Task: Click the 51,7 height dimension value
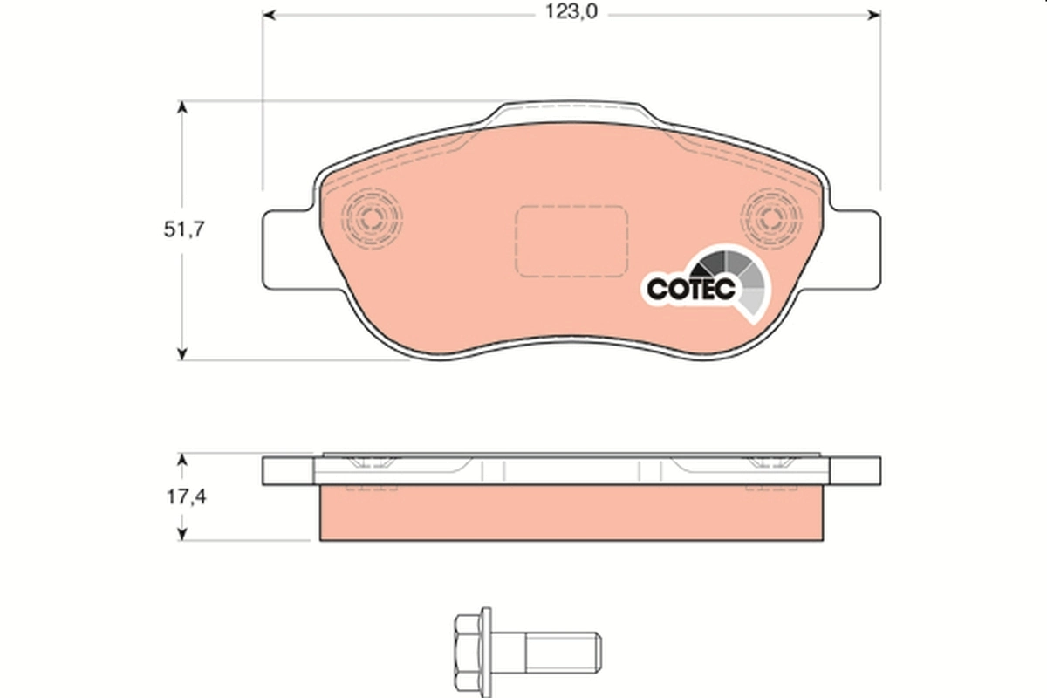click(184, 230)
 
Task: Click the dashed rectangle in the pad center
click(571, 242)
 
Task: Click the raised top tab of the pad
click(571, 113)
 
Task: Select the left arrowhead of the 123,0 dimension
click(270, 15)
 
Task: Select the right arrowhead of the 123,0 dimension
click(873, 15)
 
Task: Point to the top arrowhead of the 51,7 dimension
click(181, 107)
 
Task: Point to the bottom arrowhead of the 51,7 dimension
click(181, 353)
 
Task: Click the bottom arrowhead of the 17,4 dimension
click(181, 533)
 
